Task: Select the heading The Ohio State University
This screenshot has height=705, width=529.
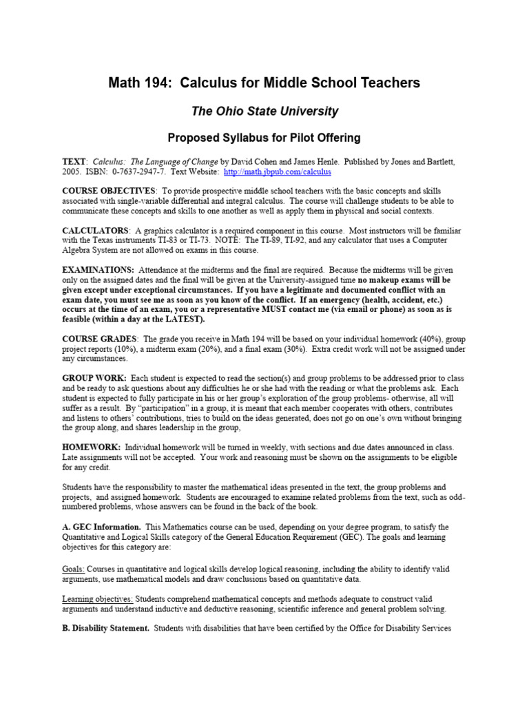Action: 264,111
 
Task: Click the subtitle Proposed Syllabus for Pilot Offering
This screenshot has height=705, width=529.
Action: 264,138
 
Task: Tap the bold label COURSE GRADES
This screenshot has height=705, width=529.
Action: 99,339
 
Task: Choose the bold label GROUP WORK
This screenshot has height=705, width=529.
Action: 94,379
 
